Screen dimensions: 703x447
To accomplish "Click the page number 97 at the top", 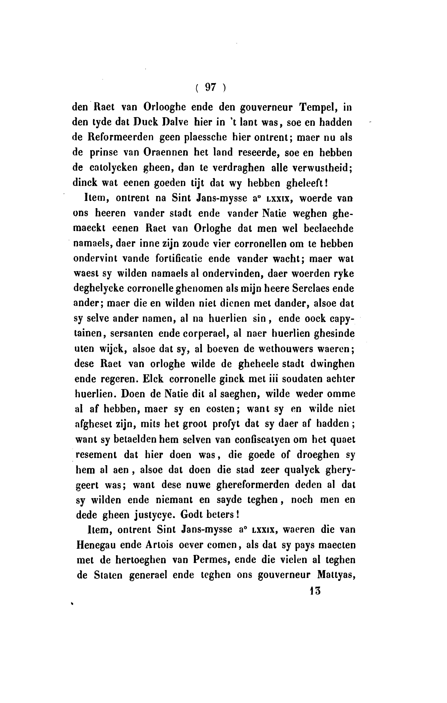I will coord(210,87).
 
